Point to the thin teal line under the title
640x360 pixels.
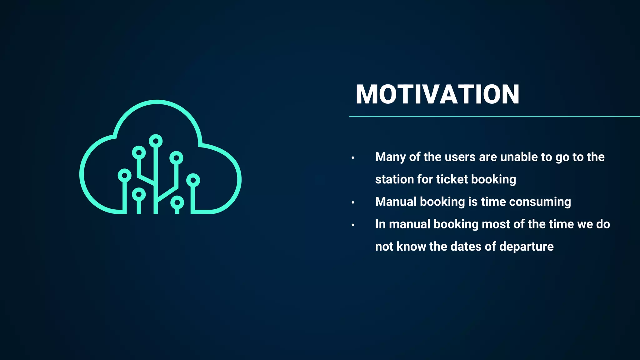[494, 116]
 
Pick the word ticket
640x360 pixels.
[452, 179]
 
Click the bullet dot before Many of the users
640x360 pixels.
[353, 158]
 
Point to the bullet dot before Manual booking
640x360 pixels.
[353, 202]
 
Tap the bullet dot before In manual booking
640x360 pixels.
[353, 225]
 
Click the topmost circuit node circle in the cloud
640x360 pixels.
[156, 141]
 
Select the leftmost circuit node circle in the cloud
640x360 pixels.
[124, 175]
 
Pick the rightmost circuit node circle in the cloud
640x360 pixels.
[193, 180]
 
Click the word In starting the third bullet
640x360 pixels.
[380, 224]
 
